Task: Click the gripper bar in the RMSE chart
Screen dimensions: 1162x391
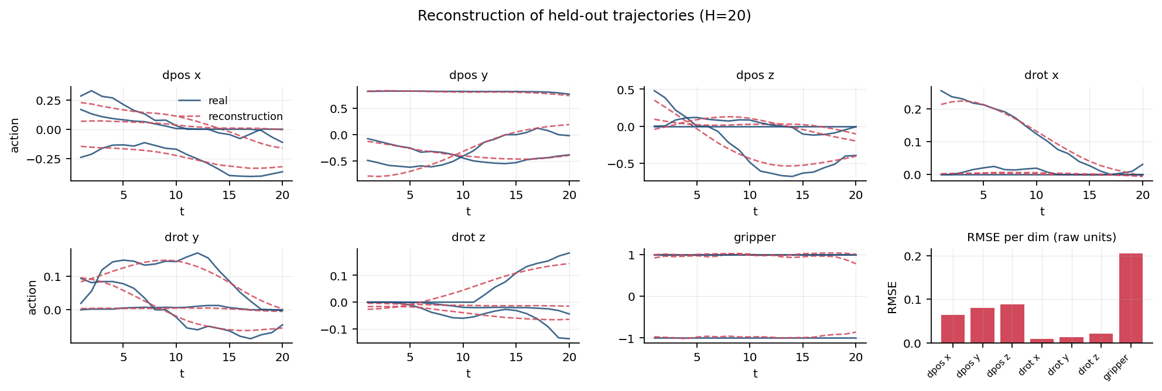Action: coord(1130,298)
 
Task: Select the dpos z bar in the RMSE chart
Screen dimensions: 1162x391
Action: coord(1012,324)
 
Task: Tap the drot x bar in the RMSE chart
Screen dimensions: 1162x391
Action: coord(1042,341)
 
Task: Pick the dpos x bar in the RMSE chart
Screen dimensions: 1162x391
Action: coord(953,329)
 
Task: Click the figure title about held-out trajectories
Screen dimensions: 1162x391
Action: coord(584,16)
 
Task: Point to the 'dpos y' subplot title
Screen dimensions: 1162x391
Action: coord(469,76)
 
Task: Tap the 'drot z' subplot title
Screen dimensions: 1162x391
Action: coord(469,238)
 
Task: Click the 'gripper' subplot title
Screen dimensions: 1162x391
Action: coord(755,238)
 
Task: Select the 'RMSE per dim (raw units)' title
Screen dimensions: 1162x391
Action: coord(1041,238)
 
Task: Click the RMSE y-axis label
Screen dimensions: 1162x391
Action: coord(893,297)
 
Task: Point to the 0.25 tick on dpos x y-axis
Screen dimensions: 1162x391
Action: coord(48,101)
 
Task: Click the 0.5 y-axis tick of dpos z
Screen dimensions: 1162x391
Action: coord(627,90)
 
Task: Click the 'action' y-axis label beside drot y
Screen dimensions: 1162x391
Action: coord(33,297)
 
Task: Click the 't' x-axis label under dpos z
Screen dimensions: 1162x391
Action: coord(756,211)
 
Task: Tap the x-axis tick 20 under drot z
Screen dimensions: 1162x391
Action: coord(569,357)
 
